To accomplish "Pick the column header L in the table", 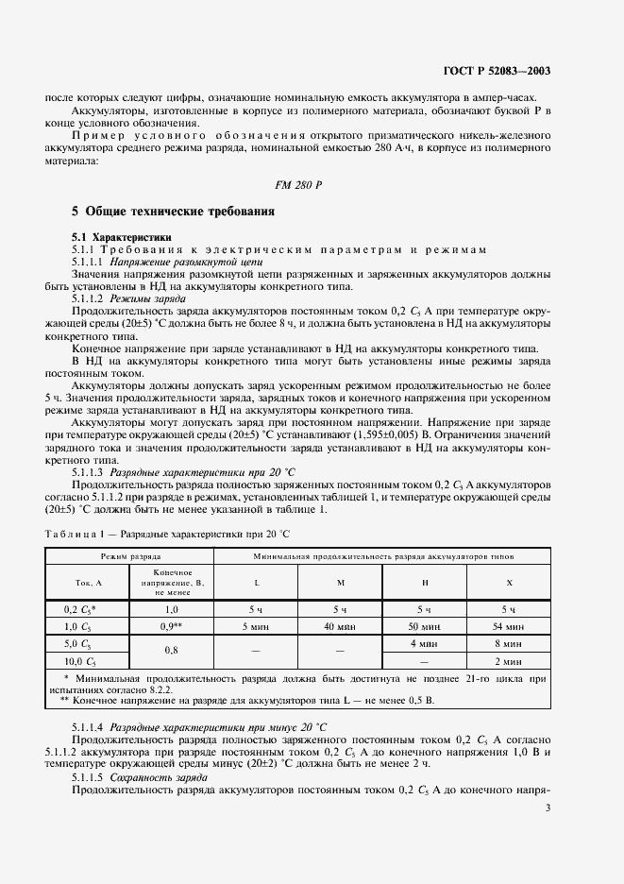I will pos(257,582).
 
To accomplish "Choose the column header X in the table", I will pos(509,582).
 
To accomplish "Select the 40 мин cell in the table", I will pos(341,625).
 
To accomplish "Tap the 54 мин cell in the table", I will pos(509,625).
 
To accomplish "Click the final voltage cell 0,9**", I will pos(173,625).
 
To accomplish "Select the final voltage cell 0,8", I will pos(173,650).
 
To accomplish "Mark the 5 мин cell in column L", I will pos(257,625).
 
